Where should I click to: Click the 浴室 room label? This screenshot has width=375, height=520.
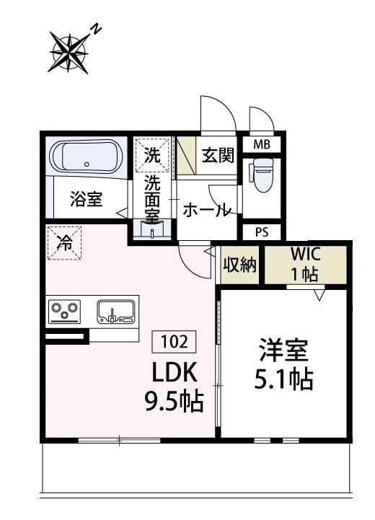click(86, 200)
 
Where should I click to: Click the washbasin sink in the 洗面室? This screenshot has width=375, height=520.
click(152, 230)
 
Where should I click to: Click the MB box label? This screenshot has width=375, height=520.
click(262, 144)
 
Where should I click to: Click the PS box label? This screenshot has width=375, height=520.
click(262, 232)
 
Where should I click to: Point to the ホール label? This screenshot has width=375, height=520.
click(207, 211)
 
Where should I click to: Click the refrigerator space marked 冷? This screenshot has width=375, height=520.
click(64, 242)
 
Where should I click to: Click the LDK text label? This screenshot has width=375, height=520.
click(173, 371)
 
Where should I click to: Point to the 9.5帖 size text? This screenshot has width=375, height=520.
click(173, 399)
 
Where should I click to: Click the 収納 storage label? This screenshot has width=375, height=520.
click(239, 265)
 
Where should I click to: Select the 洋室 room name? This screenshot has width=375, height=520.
click(283, 351)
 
